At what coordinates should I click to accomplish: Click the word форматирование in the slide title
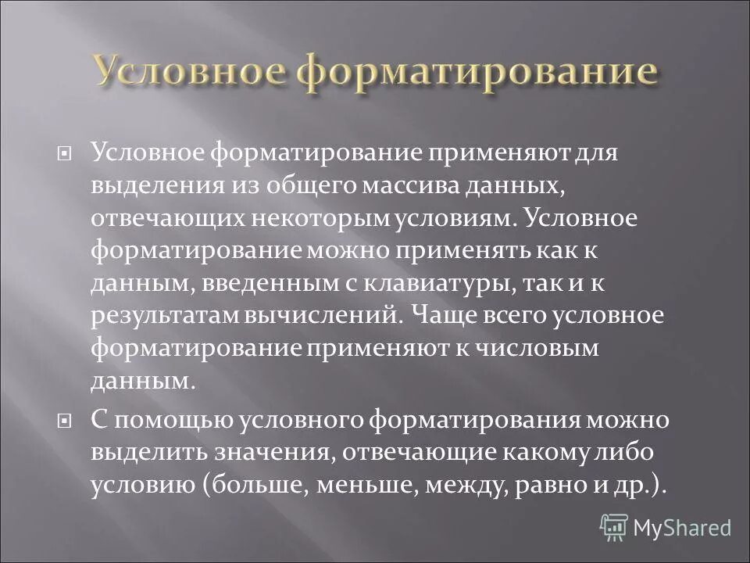[x=477, y=73]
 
